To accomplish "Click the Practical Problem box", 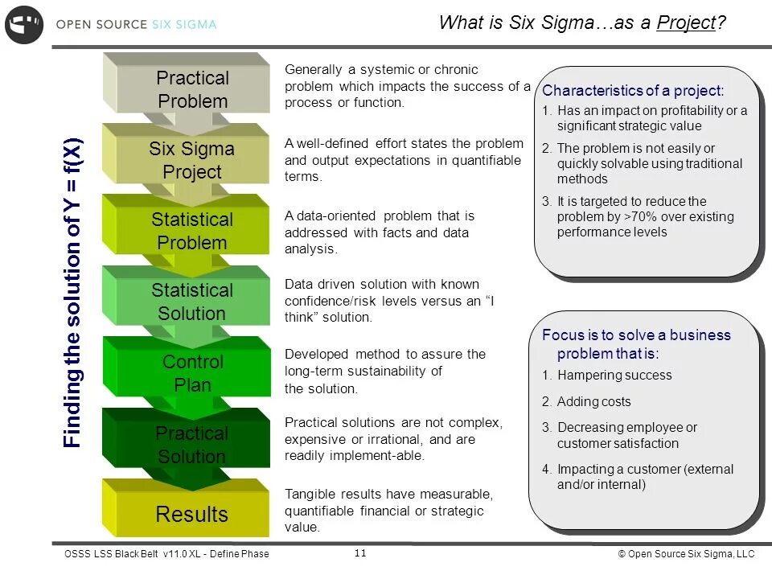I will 192,89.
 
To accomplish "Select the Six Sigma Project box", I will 191,160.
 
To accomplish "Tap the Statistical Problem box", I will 191,231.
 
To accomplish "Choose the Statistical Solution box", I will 191,302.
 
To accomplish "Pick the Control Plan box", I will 192,373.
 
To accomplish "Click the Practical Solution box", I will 191,445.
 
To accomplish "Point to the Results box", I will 191,515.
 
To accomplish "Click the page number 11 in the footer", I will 360,553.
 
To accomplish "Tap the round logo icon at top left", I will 24,25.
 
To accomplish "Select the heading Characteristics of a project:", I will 633,91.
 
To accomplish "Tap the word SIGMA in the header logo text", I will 195,25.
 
